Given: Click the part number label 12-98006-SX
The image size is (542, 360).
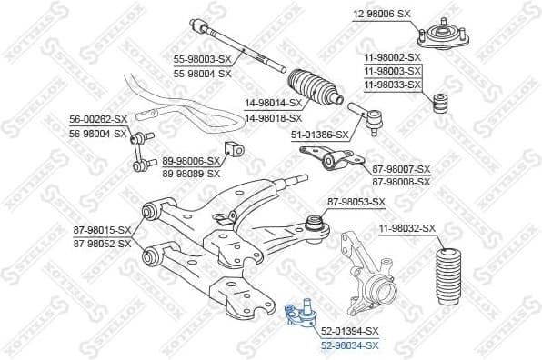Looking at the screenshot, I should [x=383, y=15].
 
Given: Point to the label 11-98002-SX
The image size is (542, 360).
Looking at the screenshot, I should [x=393, y=57].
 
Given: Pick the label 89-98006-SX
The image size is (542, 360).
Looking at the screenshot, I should [x=191, y=159].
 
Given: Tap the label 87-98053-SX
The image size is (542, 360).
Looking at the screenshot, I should [x=356, y=202].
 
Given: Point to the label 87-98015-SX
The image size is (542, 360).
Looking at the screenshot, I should [x=102, y=230].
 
